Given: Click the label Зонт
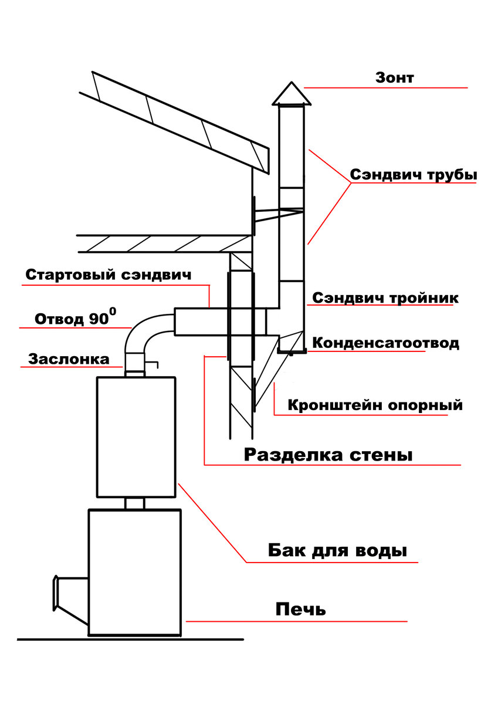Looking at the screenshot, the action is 394,77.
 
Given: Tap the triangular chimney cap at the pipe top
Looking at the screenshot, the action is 292,94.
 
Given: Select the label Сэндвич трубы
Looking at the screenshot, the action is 414,175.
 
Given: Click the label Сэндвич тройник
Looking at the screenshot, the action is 385,297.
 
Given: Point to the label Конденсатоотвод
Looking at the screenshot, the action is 385,343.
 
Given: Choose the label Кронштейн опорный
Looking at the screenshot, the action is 375,405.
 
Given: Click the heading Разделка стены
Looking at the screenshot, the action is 328,455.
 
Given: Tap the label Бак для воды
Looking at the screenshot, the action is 337,550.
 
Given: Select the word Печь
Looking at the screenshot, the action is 300,610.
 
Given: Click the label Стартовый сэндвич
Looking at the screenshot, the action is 109,275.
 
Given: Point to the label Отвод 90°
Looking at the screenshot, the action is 76,317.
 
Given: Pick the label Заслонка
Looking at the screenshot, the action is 69,359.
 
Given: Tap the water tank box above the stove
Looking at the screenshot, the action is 136,437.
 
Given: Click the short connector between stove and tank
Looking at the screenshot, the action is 135,503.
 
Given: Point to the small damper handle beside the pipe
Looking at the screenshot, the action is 152,364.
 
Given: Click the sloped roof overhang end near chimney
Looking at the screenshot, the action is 266,161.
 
